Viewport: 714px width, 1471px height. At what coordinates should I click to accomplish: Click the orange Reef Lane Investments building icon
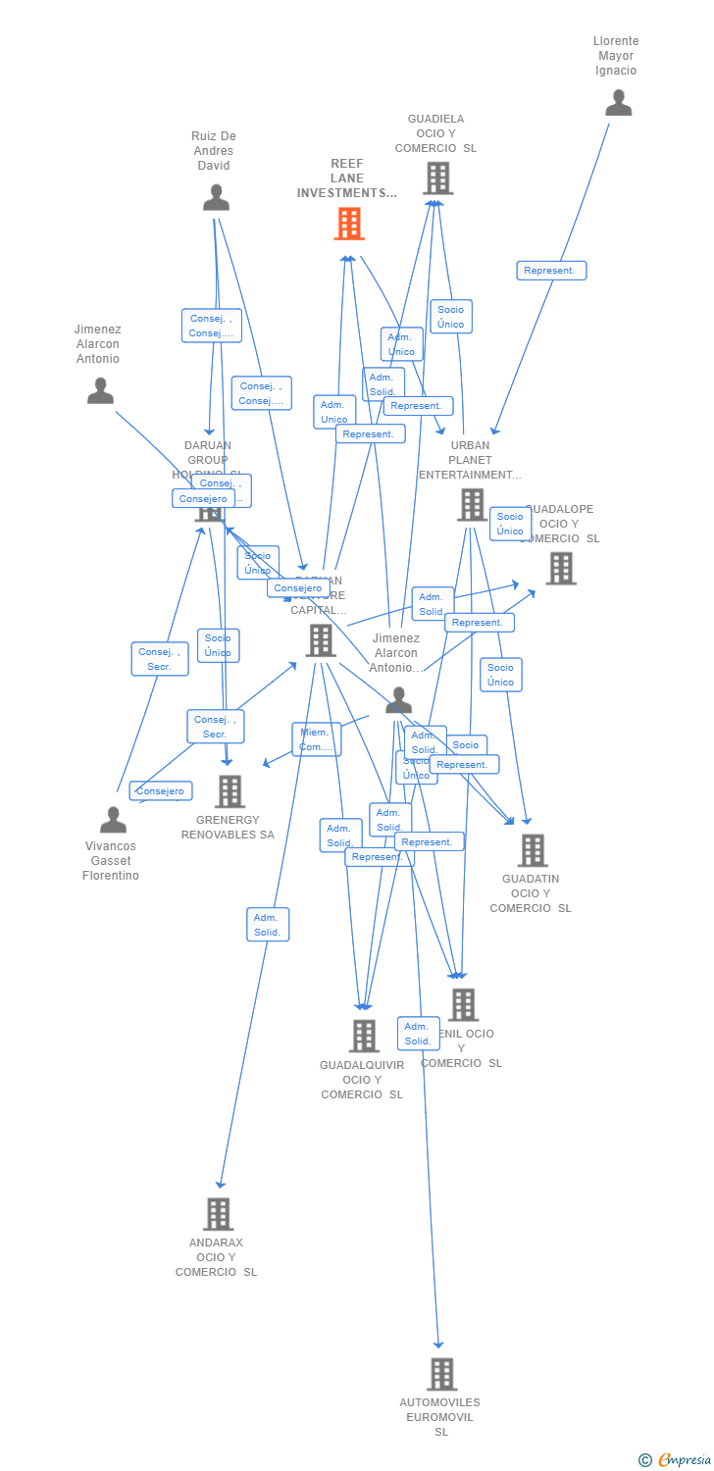pos(349,224)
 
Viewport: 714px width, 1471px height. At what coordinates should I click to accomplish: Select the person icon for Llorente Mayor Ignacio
pos(618,103)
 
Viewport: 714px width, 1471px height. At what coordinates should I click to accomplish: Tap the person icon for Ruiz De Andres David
pos(216,198)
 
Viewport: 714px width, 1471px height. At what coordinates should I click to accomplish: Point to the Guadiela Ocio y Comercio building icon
pos(437,178)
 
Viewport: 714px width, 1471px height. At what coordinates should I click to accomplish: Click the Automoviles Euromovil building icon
pos(441,1374)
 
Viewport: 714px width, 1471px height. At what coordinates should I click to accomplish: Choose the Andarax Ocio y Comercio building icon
pos(218,1214)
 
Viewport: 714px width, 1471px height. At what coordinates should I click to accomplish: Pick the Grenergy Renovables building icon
pos(229,791)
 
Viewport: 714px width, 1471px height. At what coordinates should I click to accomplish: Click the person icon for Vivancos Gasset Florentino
pos(114,820)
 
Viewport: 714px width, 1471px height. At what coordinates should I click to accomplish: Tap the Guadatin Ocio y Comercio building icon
pos(533,850)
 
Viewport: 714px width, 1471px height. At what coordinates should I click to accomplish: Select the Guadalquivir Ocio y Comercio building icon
pos(364,1036)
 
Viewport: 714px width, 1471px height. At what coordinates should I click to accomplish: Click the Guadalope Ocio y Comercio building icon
pos(561,568)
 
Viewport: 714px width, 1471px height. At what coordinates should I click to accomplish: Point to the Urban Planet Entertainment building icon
pos(472,505)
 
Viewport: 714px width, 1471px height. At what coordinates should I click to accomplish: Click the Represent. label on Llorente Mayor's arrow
pos(551,271)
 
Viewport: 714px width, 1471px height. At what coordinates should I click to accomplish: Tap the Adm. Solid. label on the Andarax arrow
pos(268,925)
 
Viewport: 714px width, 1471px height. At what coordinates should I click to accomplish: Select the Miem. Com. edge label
pos(316,739)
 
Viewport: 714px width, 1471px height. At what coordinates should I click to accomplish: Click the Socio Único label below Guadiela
pos(450,317)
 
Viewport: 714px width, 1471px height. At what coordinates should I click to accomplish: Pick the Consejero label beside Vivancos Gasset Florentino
pos(160,790)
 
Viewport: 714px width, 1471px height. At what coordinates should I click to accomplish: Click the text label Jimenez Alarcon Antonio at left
pos(97,344)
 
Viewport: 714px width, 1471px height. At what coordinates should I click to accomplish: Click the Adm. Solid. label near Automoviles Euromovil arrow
pos(418,1034)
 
